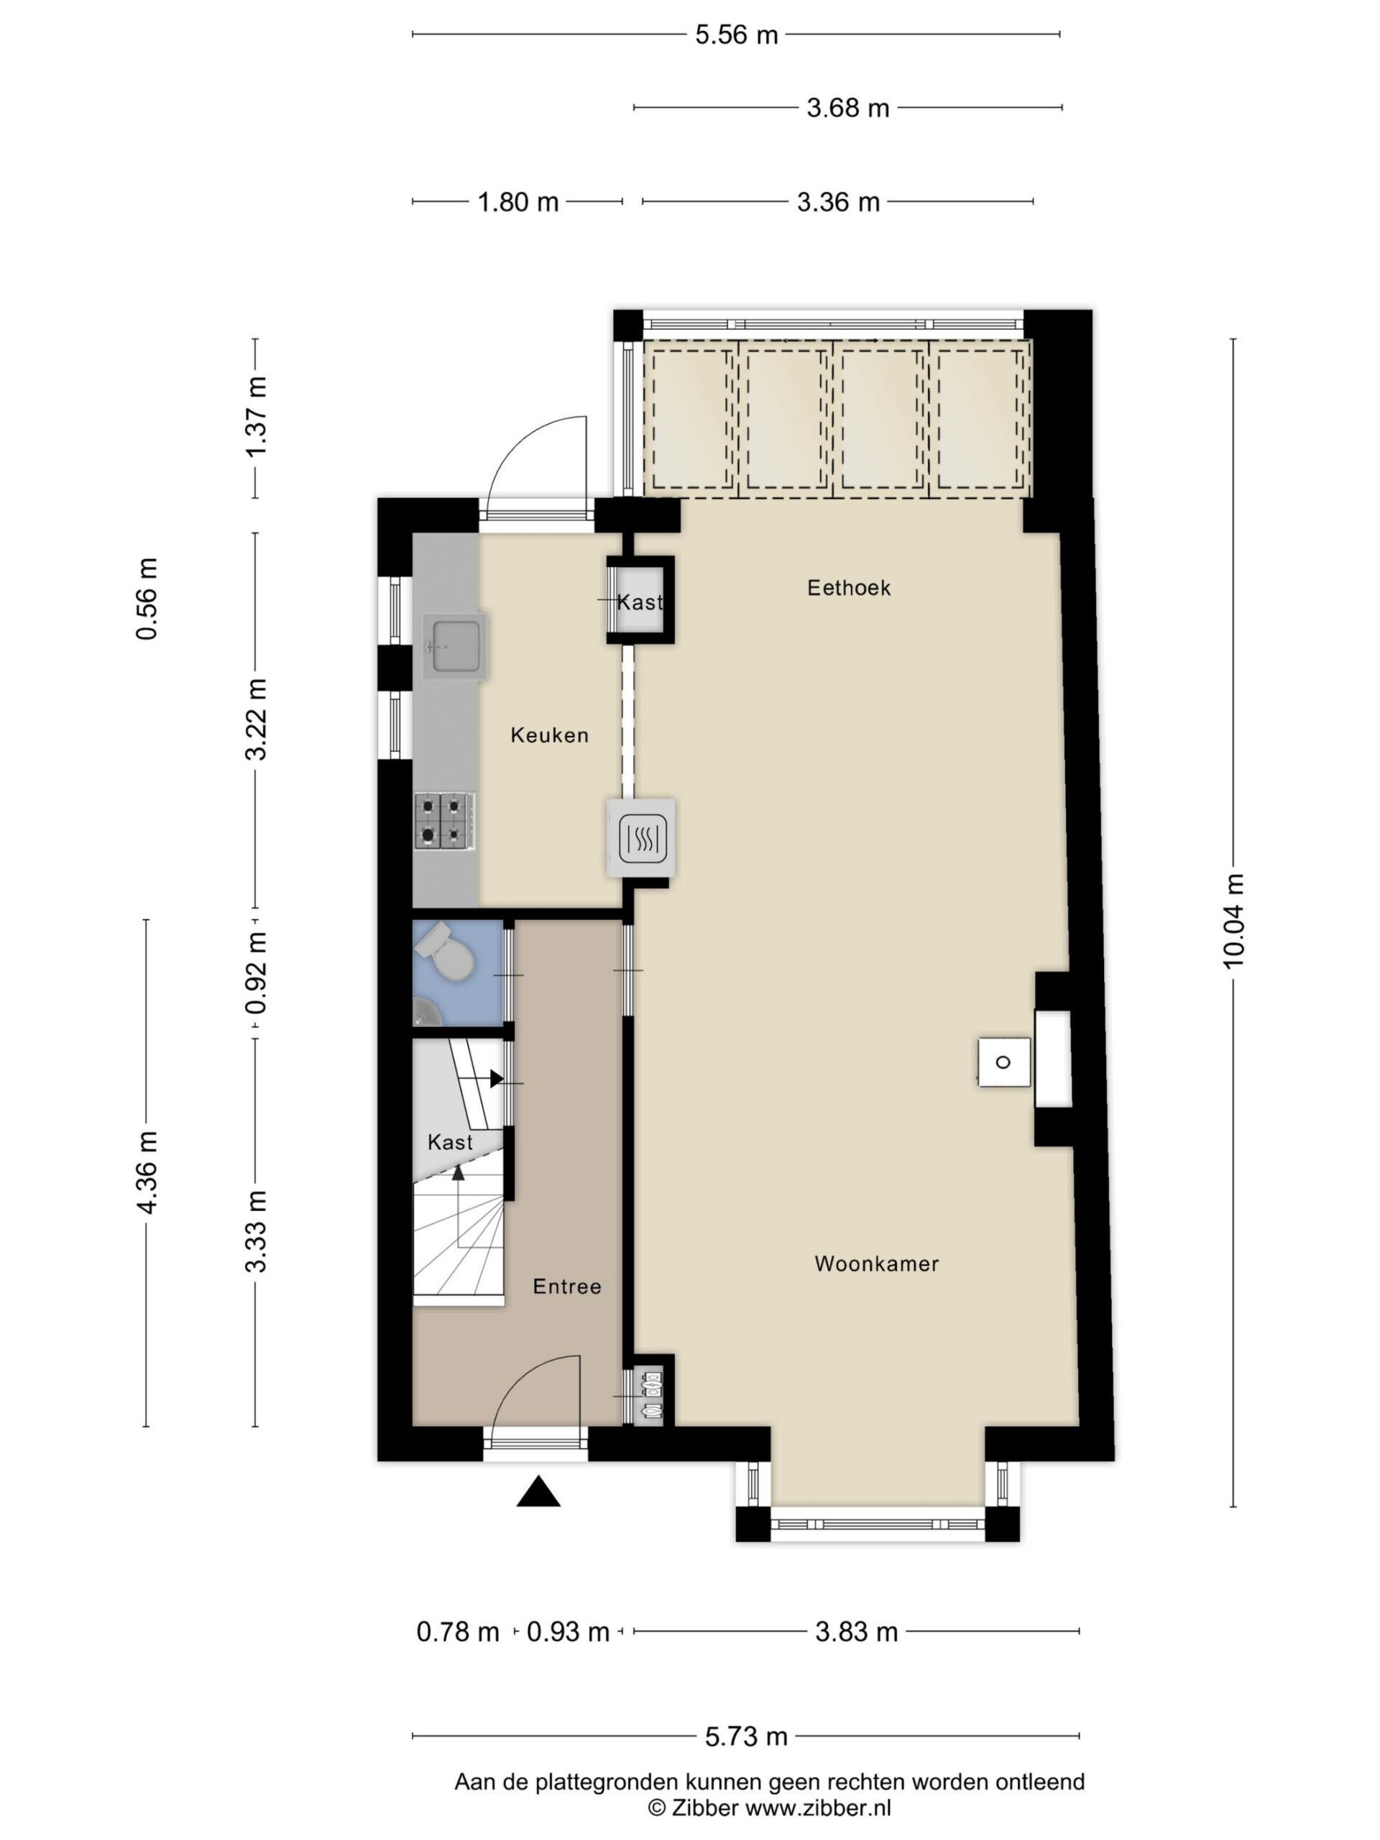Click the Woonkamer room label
[876, 1264]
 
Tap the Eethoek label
[848, 588]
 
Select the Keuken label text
[549, 735]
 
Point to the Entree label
[566, 1287]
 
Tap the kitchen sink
[454, 646]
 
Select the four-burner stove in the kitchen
[445, 821]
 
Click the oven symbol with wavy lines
[642, 839]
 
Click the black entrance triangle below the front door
[538, 1491]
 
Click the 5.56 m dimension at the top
[736, 35]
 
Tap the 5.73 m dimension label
[746, 1736]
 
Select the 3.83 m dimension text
[856, 1632]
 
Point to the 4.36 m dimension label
[147, 1173]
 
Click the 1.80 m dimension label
[517, 202]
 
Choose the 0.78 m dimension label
[458, 1632]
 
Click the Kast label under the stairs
[450, 1142]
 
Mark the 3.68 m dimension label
[847, 108]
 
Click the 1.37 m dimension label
[255, 416]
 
